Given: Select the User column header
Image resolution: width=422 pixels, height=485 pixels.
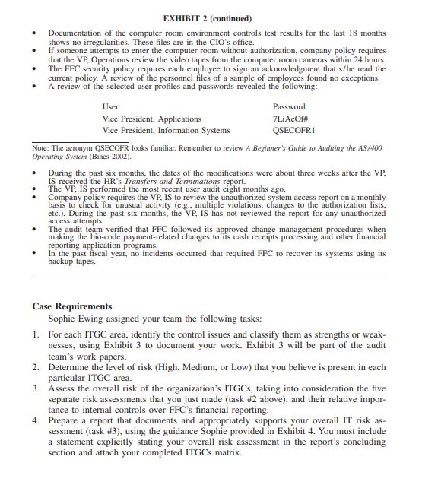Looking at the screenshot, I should coord(110,107).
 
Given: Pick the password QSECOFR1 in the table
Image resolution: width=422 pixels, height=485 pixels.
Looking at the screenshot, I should coord(292,130).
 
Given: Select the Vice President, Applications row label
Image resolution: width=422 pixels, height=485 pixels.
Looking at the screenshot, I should coord(151,119).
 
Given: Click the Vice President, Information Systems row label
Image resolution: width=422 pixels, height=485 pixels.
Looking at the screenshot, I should coord(166,130).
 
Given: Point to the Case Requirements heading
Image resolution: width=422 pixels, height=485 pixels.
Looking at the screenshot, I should coord(72,306).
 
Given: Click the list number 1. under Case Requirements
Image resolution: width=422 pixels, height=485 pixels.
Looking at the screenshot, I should coord(36,334).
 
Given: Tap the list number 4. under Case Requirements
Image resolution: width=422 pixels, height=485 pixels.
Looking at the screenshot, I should coord(36,419).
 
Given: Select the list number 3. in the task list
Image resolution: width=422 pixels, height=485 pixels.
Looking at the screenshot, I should coord(36,388).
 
